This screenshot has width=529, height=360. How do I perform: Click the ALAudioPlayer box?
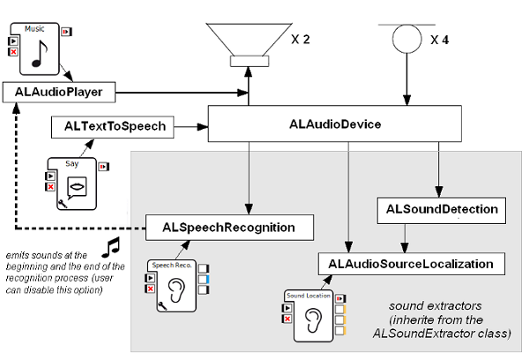click(59, 91)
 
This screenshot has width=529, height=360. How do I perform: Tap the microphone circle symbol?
click(406, 39)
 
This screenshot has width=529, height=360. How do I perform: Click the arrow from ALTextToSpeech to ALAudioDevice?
click(190, 126)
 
